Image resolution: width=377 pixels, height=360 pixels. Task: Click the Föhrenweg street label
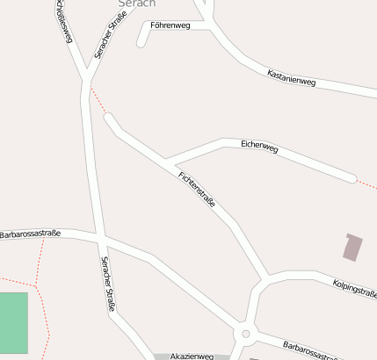tap(170, 25)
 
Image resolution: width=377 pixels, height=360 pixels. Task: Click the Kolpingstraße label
tap(355, 289)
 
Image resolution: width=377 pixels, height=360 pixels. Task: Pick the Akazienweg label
tap(192, 356)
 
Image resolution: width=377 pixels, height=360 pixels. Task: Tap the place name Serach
tap(136, 4)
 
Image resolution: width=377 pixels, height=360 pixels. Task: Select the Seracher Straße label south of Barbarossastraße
tap(108, 283)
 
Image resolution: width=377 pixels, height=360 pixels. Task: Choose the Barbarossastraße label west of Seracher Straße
tap(31, 234)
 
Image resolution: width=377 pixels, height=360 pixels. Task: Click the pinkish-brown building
tap(352, 247)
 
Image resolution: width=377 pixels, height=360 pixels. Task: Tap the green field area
tap(13, 321)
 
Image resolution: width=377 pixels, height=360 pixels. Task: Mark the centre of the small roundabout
tap(246, 335)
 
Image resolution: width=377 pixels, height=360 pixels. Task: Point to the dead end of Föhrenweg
tap(141, 43)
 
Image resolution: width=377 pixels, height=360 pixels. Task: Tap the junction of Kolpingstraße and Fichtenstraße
tap(262, 281)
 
